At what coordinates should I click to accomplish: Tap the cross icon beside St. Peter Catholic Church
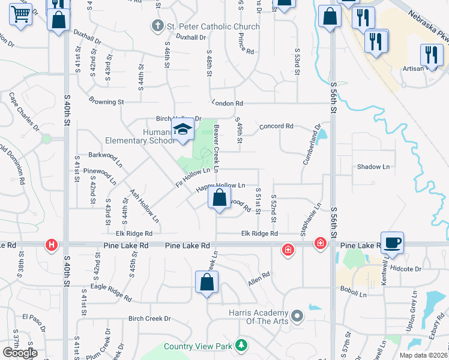[x=157, y=26]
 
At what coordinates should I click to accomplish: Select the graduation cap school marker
[x=182, y=129]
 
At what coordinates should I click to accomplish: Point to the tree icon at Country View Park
[x=241, y=345]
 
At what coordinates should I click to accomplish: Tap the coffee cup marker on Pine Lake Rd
[x=392, y=242]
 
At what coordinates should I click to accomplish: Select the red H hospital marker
[x=52, y=245]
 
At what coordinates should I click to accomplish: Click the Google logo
[x=20, y=352]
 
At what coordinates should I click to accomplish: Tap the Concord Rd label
[x=276, y=127]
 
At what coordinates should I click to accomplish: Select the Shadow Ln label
[x=373, y=166]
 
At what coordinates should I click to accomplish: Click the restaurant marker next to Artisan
[x=432, y=55]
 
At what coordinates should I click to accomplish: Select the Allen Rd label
[x=259, y=279]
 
